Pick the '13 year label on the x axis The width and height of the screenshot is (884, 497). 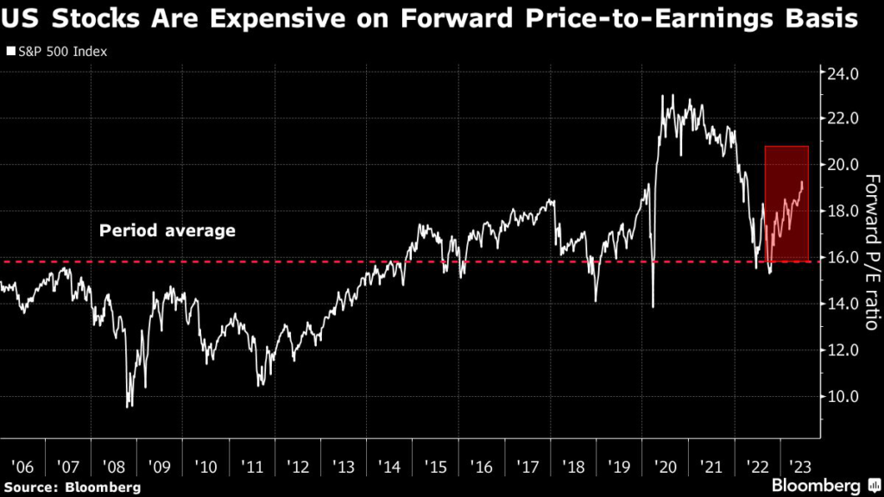pos(344,467)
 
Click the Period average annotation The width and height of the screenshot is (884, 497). pos(167,231)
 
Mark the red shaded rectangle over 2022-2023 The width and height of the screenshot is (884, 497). pos(786,204)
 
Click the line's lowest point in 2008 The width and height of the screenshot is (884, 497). pos(129,406)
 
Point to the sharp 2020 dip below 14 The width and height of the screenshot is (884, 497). pos(653,306)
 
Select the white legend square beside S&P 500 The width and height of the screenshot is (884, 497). pos(10,52)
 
